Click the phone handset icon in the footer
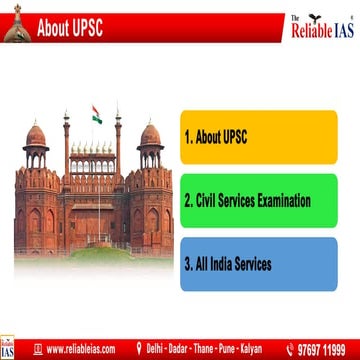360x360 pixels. pos(290,349)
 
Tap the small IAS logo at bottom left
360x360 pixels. pos(9,347)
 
